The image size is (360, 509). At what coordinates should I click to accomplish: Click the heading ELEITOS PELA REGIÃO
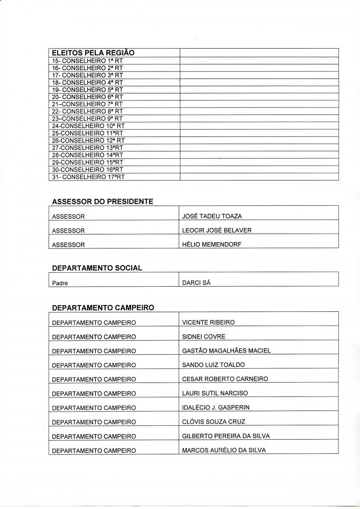[x=93, y=53]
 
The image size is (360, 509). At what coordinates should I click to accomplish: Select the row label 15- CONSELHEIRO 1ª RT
[x=87, y=61]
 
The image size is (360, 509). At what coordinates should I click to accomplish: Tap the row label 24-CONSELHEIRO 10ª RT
[x=88, y=126]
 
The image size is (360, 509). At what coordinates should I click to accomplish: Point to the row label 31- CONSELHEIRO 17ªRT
[x=88, y=177]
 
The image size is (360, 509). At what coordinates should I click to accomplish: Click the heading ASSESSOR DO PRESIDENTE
[x=103, y=202]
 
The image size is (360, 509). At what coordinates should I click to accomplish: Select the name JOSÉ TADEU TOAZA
[x=212, y=216]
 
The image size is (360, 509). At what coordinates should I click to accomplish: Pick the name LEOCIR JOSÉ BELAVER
[x=216, y=230]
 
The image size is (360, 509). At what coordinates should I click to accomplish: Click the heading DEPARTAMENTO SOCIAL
[x=97, y=268]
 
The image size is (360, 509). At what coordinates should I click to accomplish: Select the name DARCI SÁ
[x=196, y=283]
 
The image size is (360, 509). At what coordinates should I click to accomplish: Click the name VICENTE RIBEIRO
[x=208, y=322]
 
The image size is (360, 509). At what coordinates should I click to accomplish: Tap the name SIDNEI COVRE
[x=203, y=337]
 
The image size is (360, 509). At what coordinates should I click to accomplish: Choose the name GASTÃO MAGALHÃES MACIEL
[x=226, y=351]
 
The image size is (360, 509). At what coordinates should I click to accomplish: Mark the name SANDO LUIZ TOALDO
[x=213, y=365]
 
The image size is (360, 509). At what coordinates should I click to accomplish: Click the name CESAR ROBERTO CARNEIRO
[x=225, y=379]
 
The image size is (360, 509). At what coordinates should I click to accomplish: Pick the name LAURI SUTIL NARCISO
[x=215, y=393]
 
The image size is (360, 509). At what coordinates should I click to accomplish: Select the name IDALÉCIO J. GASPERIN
[x=216, y=407]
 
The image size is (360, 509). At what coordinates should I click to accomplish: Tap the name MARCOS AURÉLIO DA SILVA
[x=224, y=450]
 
